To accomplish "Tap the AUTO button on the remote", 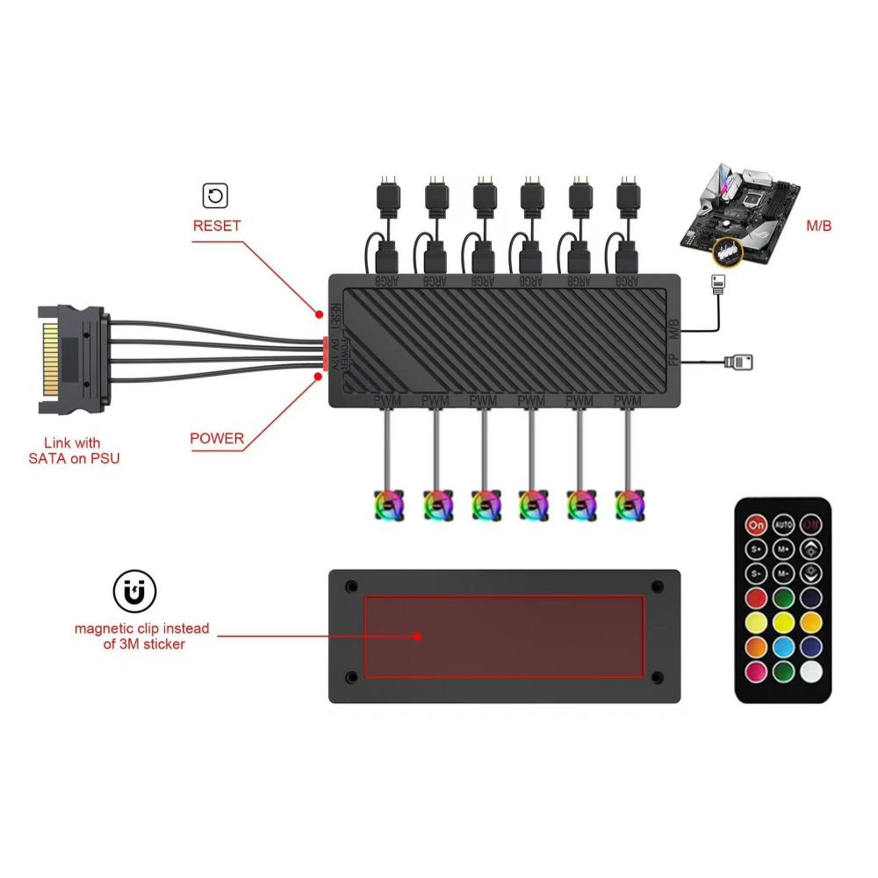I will [x=783, y=525].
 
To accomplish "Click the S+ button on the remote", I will [x=756, y=550].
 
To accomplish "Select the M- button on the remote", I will [x=783, y=574].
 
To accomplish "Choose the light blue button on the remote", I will [x=783, y=647].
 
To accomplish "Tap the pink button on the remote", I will [x=756, y=672].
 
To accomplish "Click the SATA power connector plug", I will [x=74, y=360].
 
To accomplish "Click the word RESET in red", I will [x=217, y=226].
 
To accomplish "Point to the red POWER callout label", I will [x=217, y=438].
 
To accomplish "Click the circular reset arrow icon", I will [x=215, y=195].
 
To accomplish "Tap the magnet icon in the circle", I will [x=134, y=594].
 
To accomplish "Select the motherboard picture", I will [x=743, y=216].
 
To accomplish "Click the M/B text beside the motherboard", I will [x=818, y=227].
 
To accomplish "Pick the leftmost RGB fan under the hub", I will [x=388, y=506].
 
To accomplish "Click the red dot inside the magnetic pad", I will [x=419, y=636].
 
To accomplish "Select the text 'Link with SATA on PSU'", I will [x=72, y=450].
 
